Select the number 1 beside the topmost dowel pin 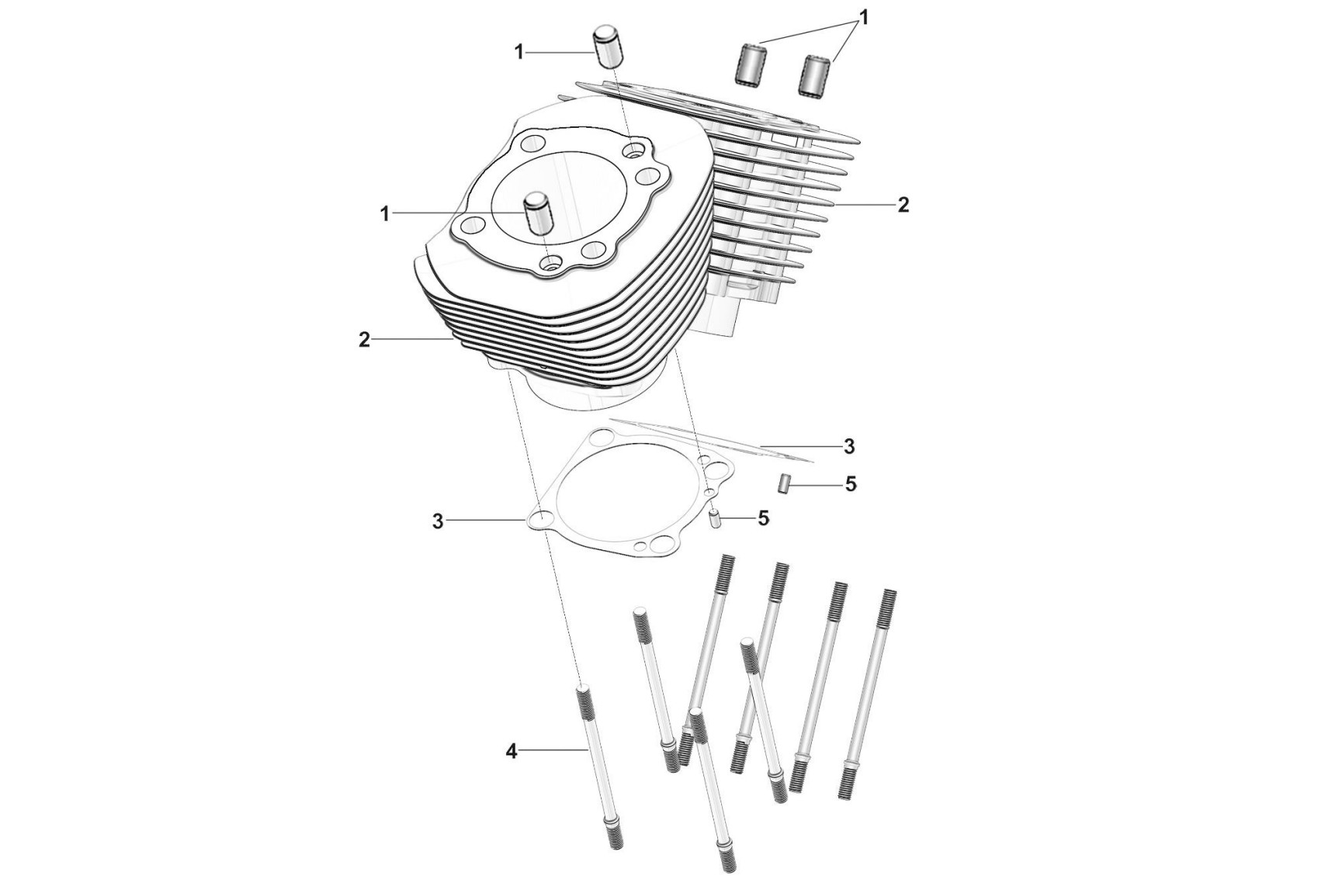(x=519, y=52)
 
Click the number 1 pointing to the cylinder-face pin (x=384, y=213)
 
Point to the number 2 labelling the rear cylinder (x=903, y=205)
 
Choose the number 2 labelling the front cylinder (x=364, y=340)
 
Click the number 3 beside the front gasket (x=438, y=521)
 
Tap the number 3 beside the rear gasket (x=849, y=447)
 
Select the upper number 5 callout (x=851, y=484)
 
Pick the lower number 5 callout (x=764, y=518)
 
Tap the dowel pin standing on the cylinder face (x=536, y=215)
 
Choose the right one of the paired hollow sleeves (x=815, y=75)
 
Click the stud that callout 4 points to (x=599, y=768)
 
